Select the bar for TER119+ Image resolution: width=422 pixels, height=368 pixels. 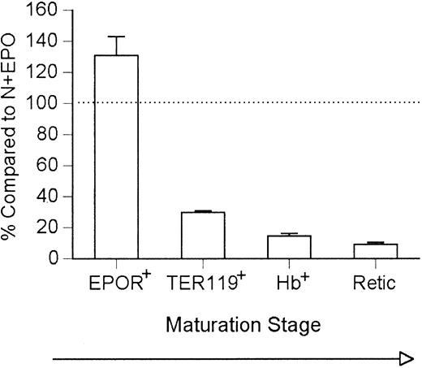tap(203, 236)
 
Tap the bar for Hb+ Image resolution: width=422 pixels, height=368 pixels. tap(289, 247)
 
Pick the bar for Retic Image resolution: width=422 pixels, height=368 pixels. tap(375, 251)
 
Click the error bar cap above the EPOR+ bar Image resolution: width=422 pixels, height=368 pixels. tap(117, 37)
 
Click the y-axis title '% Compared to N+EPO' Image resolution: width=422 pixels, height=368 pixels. tap(14, 134)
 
